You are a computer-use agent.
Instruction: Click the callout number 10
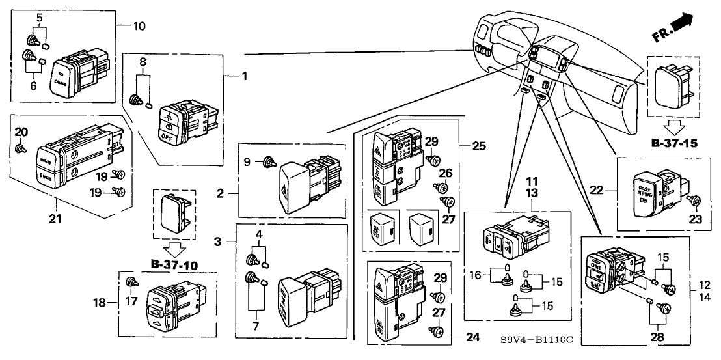[x=139, y=27]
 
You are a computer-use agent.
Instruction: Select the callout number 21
[x=56, y=219]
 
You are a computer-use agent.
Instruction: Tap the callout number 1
[x=245, y=77]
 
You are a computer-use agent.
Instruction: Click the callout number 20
[x=21, y=132]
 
